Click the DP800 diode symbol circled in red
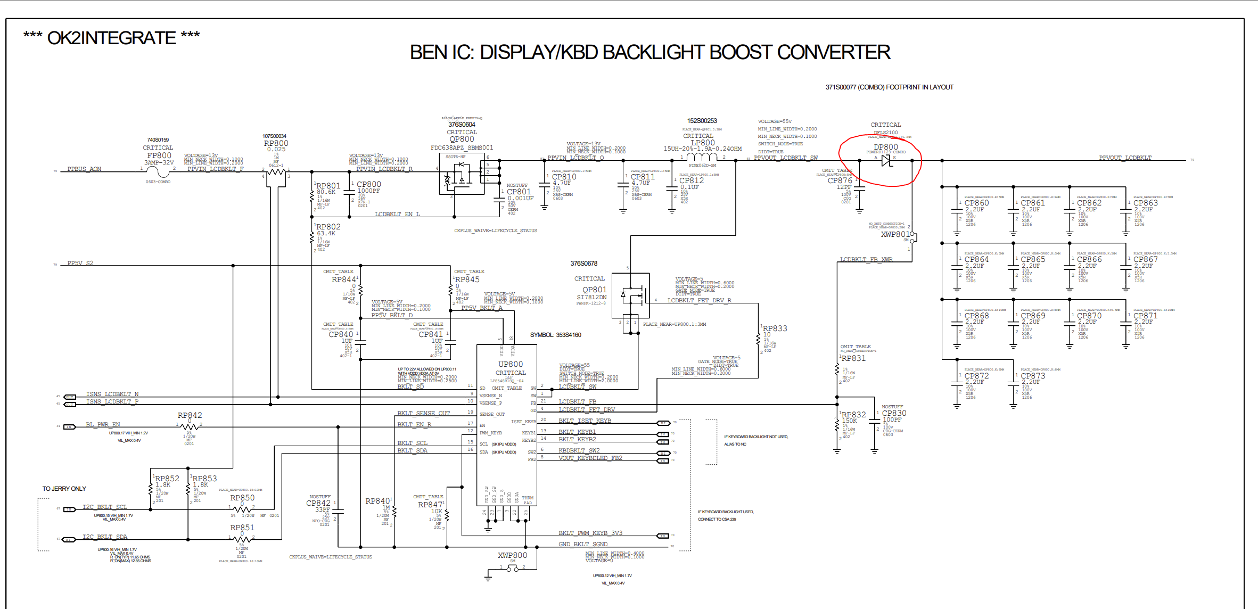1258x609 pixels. point(886,160)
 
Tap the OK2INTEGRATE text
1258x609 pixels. point(111,38)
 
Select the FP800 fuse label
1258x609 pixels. point(159,155)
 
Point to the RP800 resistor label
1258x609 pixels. point(276,143)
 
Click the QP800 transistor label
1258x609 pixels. point(462,139)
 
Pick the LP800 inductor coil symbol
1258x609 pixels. point(702,157)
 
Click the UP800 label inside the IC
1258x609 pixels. point(511,365)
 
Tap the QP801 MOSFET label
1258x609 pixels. point(594,290)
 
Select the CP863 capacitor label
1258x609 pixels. point(1145,203)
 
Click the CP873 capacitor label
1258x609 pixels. point(1033,376)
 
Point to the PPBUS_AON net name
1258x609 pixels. point(84,169)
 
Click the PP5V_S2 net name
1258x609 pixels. point(80,263)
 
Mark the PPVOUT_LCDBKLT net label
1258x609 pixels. point(1125,158)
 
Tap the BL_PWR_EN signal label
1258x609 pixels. point(103,425)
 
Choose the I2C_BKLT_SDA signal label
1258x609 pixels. point(105,537)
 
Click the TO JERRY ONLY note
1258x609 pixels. point(64,489)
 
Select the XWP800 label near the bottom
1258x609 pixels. point(512,555)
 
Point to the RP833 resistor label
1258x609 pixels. point(775,328)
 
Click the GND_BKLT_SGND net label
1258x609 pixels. point(583,544)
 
